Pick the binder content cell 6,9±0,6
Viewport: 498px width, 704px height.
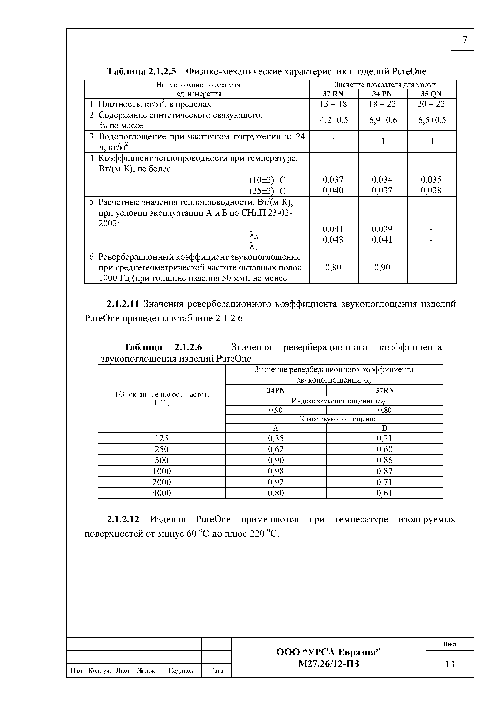383,120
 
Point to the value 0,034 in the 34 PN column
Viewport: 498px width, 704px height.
382,179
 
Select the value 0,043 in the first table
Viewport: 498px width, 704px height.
333,239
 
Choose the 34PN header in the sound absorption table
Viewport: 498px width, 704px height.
276,390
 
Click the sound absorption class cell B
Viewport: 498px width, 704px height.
384,428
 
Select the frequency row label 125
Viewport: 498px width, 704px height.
162,438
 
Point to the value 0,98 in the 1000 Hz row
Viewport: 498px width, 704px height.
276,471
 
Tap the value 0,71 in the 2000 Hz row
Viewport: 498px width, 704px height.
384,482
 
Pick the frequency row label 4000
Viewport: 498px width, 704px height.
162,493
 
